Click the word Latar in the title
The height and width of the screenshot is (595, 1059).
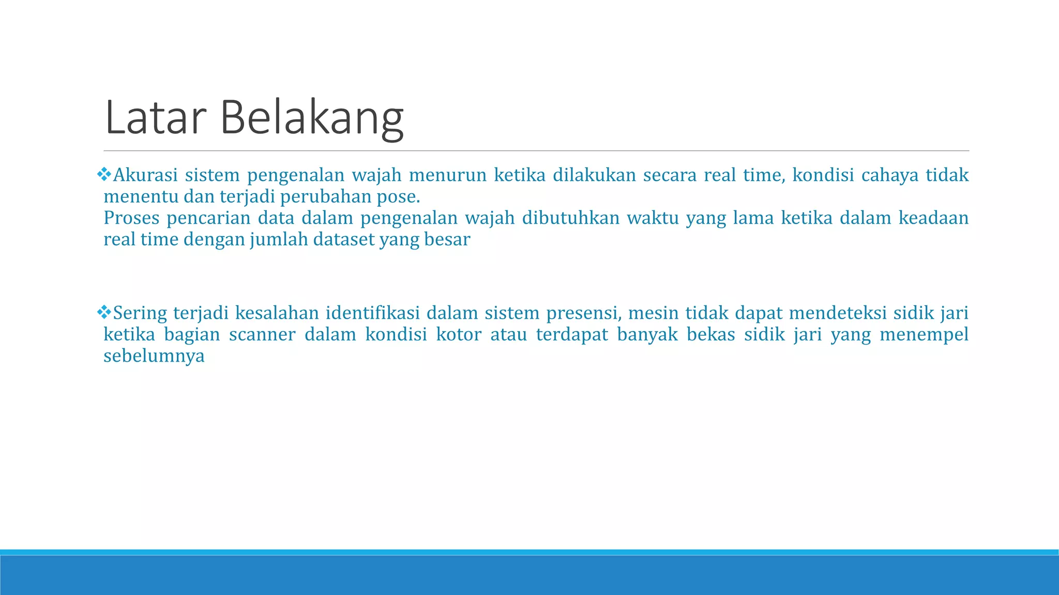pyautogui.click(x=155, y=118)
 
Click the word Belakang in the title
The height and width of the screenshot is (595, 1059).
pyautogui.click(x=312, y=118)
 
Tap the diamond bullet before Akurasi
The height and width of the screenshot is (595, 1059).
pyautogui.click(x=104, y=175)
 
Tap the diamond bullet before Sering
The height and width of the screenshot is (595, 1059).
pyautogui.click(x=104, y=312)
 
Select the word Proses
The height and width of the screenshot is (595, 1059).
pyautogui.click(x=131, y=218)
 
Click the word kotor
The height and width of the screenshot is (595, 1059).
pyautogui.click(x=458, y=335)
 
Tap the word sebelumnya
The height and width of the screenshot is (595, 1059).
pyautogui.click(x=154, y=356)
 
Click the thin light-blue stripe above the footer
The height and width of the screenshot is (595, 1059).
pyautogui.click(x=529, y=552)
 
